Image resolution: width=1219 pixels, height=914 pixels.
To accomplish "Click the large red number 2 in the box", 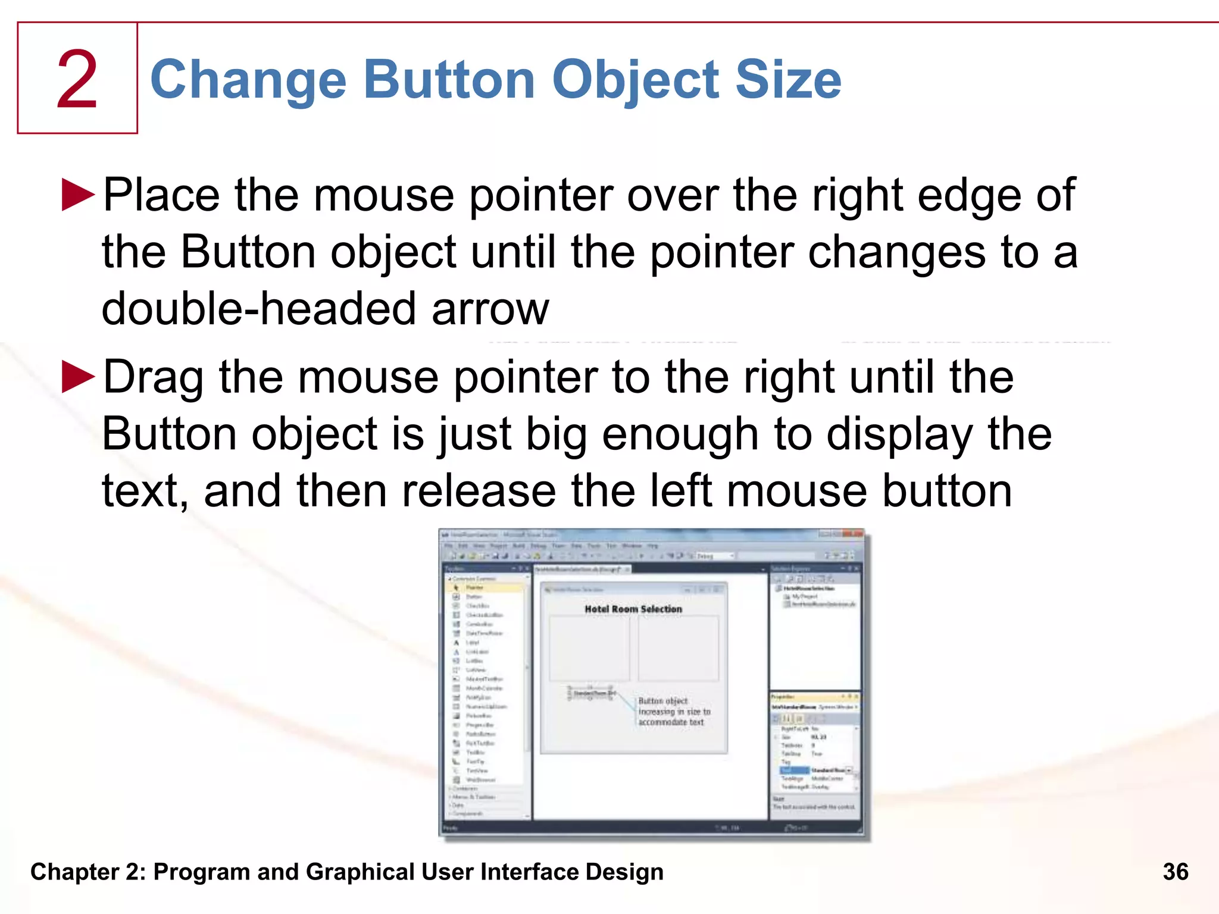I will click(x=77, y=80).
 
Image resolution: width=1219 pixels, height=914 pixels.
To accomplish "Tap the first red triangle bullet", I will click(x=78, y=195).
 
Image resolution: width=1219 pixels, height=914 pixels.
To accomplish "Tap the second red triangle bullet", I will click(x=78, y=377).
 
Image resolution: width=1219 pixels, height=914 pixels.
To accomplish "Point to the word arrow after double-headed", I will click(x=490, y=310).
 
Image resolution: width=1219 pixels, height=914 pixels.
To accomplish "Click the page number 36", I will click(x=1175, y=872).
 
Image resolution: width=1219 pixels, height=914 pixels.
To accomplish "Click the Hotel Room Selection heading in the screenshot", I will click(x=633, y=609).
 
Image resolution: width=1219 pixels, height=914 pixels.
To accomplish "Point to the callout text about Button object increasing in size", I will click(x=674, y=712).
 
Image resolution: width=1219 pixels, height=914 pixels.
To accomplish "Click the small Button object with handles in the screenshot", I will click(x=591, y=693).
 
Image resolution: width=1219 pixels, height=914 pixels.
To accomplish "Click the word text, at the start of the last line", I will click(x=145, y=492).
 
